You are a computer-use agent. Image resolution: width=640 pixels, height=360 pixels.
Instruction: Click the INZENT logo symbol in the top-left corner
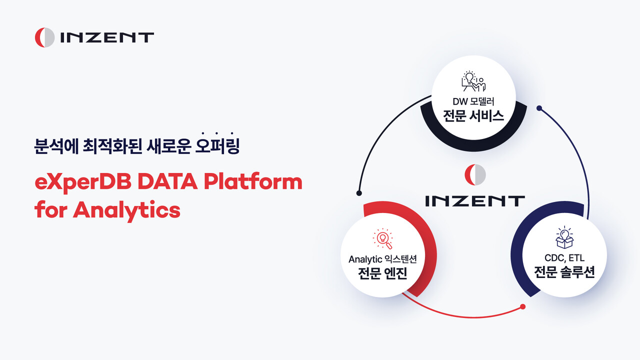pyautogui.click(x=44, y=37)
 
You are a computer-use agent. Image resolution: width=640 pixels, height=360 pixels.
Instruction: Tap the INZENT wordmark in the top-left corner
pyautogui.click(x=106, y=37)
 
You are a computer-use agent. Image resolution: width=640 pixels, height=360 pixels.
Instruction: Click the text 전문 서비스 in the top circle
pyautogui.click(x=473, y=116)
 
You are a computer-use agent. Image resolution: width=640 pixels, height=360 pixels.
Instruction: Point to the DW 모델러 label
pyautogui.click(x=473, y=101)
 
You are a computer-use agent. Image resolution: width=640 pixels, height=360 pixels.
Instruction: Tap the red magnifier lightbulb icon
pyautogui.click(x=383, y=239)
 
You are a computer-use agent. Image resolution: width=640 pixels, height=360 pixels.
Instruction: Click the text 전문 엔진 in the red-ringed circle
pyautogui.click(x=382, y=273)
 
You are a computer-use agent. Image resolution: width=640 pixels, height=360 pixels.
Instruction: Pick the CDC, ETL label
pyautogui.click(x=564, y=258)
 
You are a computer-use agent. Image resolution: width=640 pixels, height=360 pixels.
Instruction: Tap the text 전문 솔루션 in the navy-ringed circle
pyautogui.click(x=564, y=273)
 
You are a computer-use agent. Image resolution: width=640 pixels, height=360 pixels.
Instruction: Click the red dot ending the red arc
pyautogui.click(x=522, y=306)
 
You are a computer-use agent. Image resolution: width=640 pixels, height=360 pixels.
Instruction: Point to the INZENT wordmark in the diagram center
pyautogui.click(x=474, y=201)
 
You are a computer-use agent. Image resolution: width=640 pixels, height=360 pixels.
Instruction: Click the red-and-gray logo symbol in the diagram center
pyautogui.click(x=474, y=174)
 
